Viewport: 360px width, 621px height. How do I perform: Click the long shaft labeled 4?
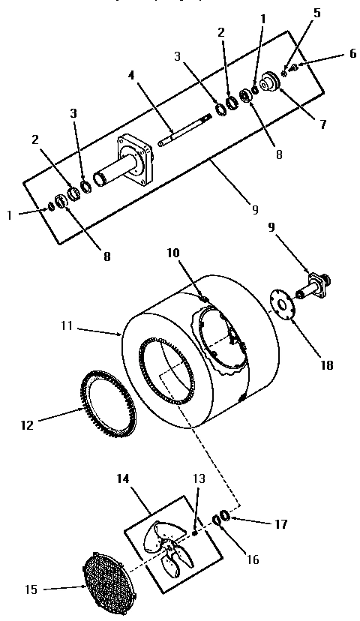pos(184,127)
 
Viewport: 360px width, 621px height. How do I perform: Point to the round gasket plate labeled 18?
pos(281,303)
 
